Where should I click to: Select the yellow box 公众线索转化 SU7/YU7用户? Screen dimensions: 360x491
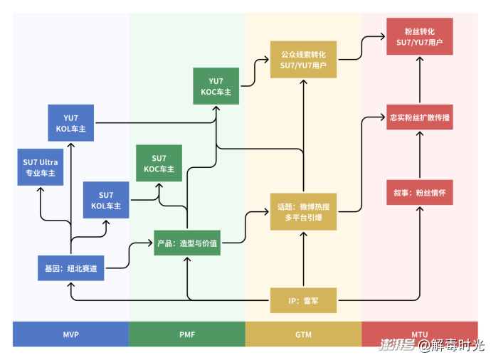click(304, 59)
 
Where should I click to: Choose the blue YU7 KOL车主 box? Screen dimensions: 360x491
click(71, 123)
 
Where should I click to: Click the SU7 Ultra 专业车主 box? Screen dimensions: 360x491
click(40, 167)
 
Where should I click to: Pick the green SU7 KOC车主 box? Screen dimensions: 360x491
click(159, 164)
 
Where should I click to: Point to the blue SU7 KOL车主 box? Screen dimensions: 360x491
click(106, 200)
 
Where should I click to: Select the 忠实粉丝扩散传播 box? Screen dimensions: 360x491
click(419, 117)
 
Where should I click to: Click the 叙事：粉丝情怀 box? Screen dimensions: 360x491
click(419, 192)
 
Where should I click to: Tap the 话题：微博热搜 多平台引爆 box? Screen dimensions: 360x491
click(304, 211)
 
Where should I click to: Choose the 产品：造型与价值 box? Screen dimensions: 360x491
click(187, 243)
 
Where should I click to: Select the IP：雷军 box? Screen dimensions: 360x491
click(304, 300)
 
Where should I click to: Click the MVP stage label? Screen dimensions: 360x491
click(70, 334)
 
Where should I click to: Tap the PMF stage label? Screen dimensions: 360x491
click(187, 334)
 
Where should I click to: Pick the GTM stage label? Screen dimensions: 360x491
click(304, 334)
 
